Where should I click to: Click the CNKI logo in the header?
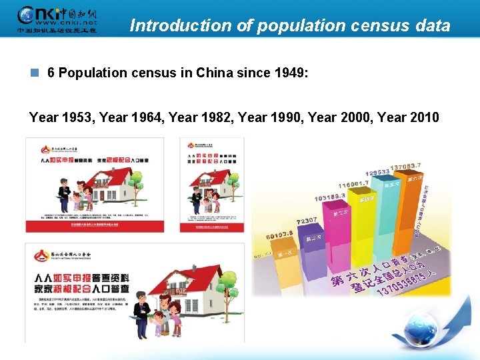pos(56,19)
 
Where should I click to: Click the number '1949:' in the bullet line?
pos(291,73)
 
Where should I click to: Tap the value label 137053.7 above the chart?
pos(405,167)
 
